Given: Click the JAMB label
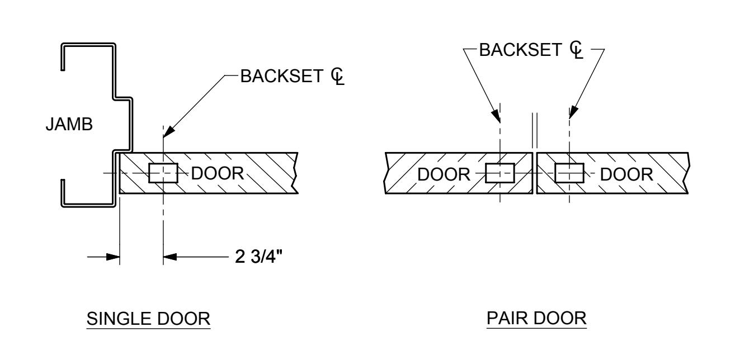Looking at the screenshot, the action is pyautogui.click(x=69, y=125).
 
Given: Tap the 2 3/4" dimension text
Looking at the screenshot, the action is pyautogui.click(x=258, y=256).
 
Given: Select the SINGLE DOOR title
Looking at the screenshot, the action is pyautogui.click(x=148, y=319).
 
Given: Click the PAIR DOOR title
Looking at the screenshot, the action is pyautogui.click(x=536, y=318).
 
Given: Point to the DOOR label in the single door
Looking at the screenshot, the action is pyautogui.click(x=218, y=173).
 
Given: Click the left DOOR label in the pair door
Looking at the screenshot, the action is pyautogui.click(x=444, y=174).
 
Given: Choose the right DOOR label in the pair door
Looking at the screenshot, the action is pyautogui.click(x=626, y=174).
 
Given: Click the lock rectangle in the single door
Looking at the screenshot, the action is pyautogui.click(x=163, y=173).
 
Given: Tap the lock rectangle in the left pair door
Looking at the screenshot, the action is pyautogui.click(x=500, y=173).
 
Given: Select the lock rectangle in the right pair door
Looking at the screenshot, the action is pyautogui.click(x=569, y=173).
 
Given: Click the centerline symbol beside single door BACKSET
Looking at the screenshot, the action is pyautogui.click(x=338, y=76).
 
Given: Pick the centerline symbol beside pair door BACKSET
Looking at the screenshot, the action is pyautogui.click(x=577, y=50).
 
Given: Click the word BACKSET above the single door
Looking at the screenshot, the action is pyautogui.click(x=281, y=76).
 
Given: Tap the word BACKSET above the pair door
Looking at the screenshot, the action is pyautogui.click(x=520, y=50).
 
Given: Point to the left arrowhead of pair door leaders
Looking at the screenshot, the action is pyautogui.click(x=496, y=114).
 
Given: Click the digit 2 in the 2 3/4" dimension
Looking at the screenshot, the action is pyautogui.click(x=239, y=256).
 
